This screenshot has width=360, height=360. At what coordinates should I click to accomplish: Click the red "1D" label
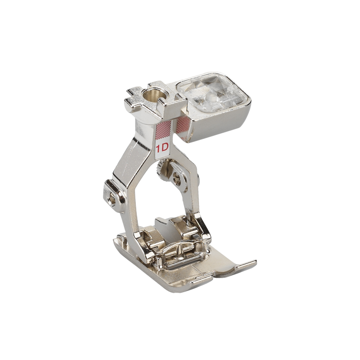[163, 148]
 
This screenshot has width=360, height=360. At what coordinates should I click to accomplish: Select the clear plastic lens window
[210, 92]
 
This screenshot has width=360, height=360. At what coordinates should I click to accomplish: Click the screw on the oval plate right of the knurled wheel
[178, 176]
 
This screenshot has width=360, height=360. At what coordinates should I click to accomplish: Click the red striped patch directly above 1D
[163, 129]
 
